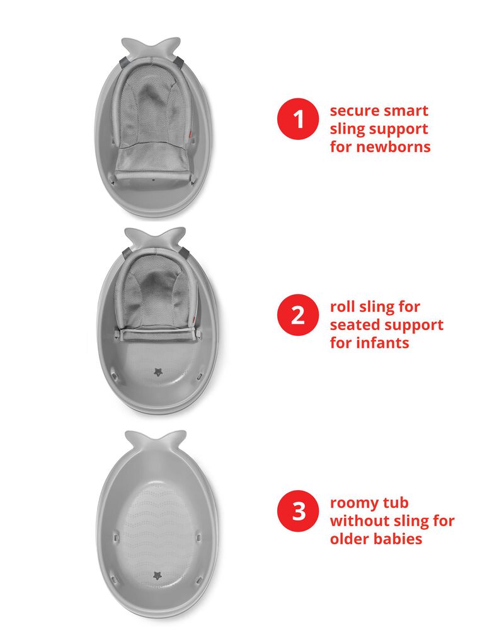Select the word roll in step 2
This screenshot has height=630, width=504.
343,307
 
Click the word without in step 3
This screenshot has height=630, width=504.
361,521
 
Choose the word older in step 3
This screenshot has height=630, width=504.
352,539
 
